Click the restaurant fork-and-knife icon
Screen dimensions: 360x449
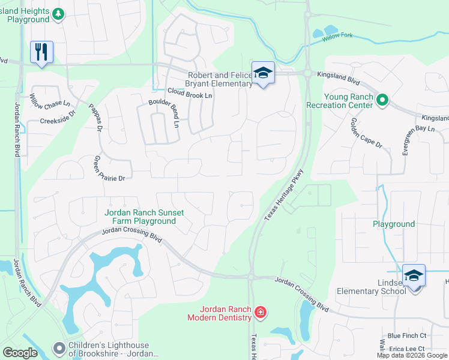point(41,52)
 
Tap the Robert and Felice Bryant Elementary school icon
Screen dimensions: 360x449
point(263,73)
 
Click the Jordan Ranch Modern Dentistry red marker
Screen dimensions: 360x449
point(260,312)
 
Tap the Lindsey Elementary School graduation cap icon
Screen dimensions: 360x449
point(414,276)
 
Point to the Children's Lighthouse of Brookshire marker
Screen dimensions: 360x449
point(59,348)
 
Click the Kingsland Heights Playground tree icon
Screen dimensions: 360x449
point(58,14)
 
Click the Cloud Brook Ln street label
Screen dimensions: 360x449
point(190,95)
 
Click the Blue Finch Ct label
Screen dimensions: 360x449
point(406,336)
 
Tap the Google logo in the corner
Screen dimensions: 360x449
point(20,353)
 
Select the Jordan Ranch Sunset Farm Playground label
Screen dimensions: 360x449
point(140,217)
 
